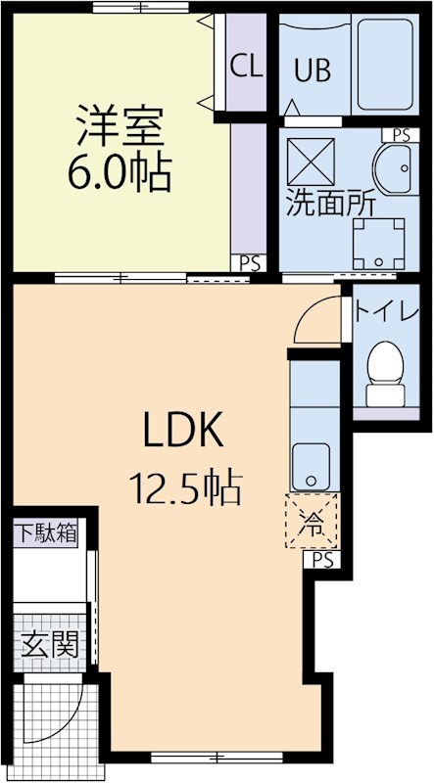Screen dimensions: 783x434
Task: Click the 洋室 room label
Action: coord(117,128)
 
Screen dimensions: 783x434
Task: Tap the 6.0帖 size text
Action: coord(118,173)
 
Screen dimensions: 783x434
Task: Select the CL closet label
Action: coord(247,66)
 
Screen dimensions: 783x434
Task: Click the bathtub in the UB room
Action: coord(385,64)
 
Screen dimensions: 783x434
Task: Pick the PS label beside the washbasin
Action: coord(401,135)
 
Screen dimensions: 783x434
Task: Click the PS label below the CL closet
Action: coord(250,262)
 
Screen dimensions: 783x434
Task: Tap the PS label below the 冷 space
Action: coord(323,560)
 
